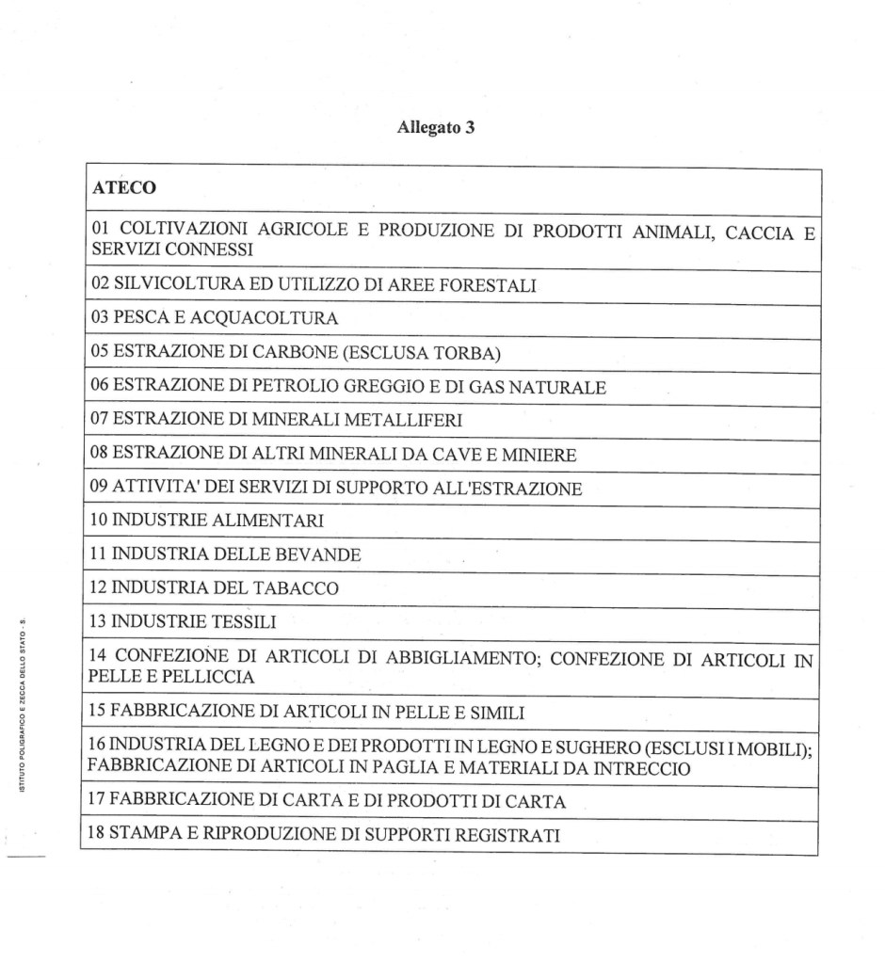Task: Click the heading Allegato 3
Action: (435, 129)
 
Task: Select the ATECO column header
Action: (123, 188)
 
